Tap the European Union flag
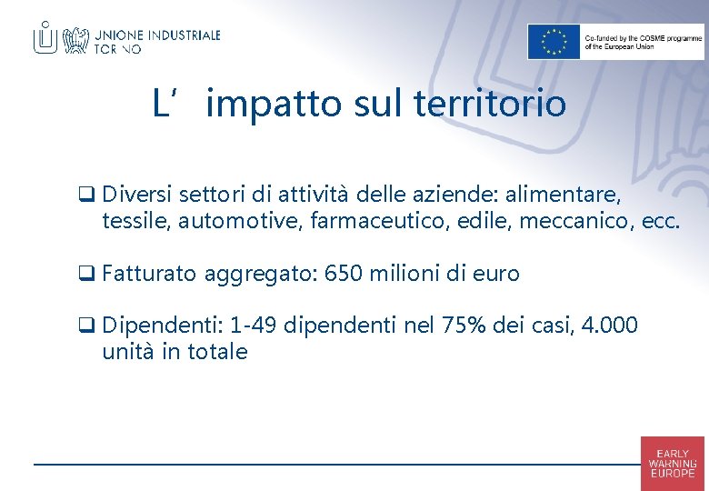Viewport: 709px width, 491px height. pyautogui.click(x=554, y=42)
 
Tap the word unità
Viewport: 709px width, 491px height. pyautogui.click(x=128, y=352)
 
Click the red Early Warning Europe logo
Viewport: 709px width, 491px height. pyautogui.click(x=672, y=463)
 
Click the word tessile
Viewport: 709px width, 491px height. pyautogui.click(x=135, y=221)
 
